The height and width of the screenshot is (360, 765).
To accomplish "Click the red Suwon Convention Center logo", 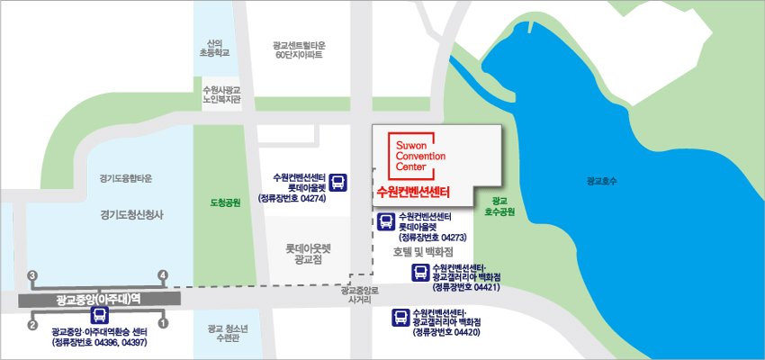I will pos(410,155).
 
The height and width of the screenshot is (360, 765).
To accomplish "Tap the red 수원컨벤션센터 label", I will pos(413,192).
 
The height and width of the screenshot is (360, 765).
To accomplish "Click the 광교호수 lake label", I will pos(598,181).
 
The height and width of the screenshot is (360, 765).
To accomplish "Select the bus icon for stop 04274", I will pos(337,184).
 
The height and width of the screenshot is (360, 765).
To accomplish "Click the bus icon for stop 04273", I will pos(385,220).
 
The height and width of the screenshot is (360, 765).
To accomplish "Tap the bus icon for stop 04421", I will pos(419,273).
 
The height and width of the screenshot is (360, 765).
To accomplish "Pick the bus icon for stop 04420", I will pos(400,316).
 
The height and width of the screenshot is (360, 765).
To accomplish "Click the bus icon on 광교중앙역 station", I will pos(99,314).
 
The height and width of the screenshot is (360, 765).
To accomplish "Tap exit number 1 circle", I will pos(163,323).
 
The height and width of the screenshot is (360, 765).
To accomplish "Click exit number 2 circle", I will pos(32,323).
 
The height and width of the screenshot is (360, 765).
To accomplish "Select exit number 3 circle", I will pos(32,274).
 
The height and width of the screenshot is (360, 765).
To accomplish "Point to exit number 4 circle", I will pos(163,274).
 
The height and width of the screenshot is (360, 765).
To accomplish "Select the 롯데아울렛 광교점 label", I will pos(308,252).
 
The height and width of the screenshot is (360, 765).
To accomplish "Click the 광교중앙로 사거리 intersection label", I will pos(360,295).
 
